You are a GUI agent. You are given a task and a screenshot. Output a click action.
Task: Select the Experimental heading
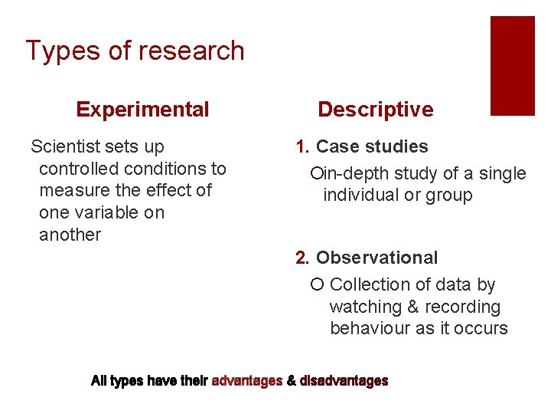pos(142,110)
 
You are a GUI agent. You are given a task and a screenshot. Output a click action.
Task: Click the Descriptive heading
pos(375,110)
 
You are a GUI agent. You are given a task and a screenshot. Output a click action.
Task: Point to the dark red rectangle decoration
pos(512,65)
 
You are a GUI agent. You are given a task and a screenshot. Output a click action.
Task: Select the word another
pos(70,235)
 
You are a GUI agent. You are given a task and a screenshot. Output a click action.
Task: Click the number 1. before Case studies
pos(303,146)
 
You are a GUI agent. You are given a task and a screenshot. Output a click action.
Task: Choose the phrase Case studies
pos(372,146)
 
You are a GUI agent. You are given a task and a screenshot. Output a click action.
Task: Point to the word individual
pos(360,195)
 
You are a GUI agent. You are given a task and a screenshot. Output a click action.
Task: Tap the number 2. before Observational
pos(303,258)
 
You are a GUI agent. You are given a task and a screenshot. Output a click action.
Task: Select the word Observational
pos(377,258)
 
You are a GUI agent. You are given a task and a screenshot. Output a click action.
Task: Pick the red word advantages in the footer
pos(247,380)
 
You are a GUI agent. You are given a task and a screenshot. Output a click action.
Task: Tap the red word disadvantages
pos(344,380)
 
